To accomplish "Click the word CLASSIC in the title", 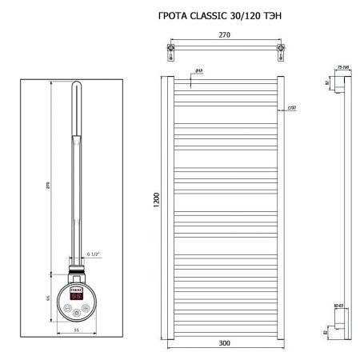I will point(211,15).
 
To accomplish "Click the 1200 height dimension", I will point(158,198).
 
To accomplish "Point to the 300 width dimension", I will point(224,343).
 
